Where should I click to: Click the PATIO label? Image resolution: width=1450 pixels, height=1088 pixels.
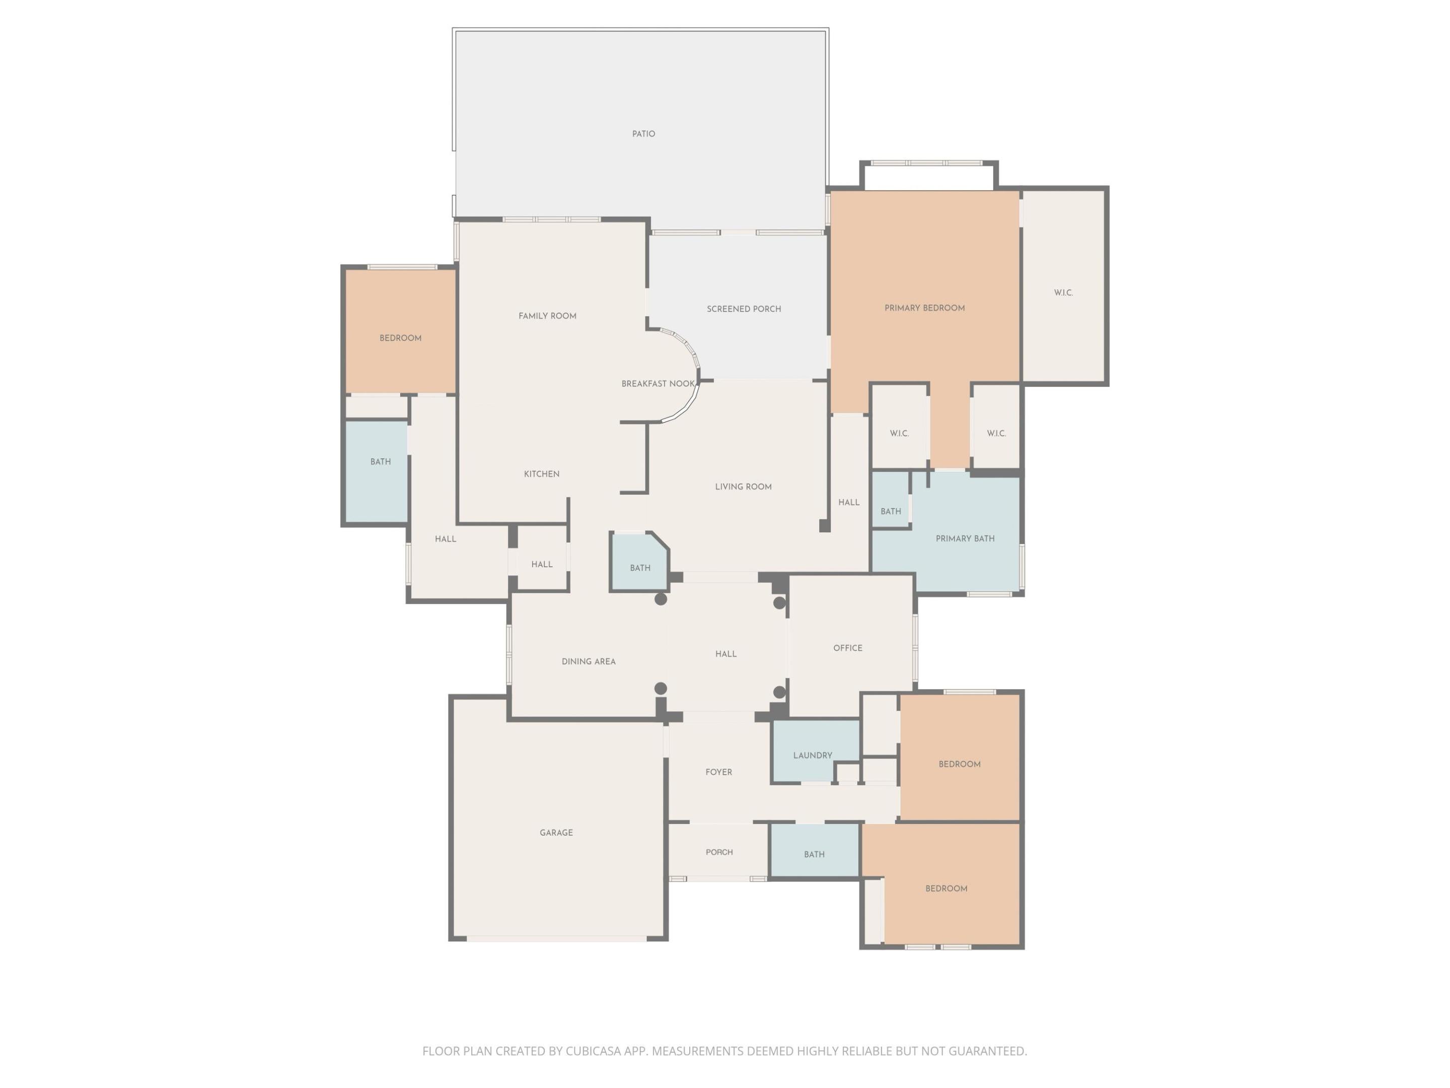(643, 134)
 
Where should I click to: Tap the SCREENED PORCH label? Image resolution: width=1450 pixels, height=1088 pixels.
(743, 309)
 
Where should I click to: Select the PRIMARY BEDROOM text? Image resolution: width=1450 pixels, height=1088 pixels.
(924, 308)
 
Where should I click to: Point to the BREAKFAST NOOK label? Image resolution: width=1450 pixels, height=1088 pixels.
(658, 384)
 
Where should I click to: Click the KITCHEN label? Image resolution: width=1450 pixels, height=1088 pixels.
(541, 474)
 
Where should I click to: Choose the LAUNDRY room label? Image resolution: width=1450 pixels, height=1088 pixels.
(812, 756)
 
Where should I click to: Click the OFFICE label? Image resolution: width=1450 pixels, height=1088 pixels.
(847, 648)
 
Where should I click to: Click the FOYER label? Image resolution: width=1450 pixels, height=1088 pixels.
(718, 772)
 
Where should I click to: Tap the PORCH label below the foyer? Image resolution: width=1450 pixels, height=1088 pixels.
(719, 852)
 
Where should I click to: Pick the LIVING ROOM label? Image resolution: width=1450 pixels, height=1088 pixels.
(743, 487)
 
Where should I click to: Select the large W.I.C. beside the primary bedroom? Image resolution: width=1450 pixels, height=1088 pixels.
(1063, 293)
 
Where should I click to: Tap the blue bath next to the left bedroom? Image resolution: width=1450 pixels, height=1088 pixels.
(380, 462)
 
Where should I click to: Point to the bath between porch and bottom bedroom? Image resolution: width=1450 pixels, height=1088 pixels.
(814, 854)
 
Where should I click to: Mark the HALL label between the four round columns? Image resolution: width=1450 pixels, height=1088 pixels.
(726, 654)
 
